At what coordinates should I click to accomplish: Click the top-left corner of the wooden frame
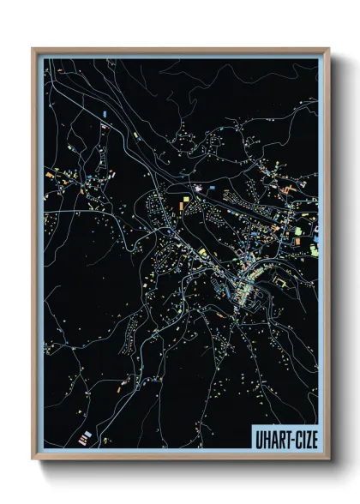[33, 49]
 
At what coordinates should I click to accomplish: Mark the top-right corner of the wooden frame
[328, 49]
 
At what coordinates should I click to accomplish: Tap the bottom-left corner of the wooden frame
[33, 460]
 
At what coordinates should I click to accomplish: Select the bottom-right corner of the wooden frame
[328, 460]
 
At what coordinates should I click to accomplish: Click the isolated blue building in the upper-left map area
[104, 112]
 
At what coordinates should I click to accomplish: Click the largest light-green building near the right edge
[299, 232]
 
